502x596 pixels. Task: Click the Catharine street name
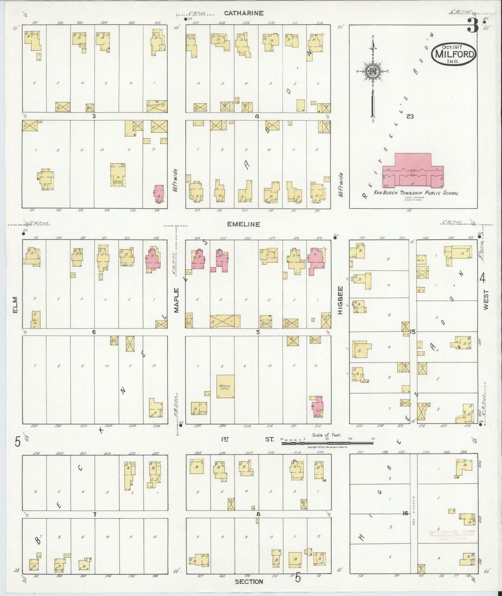click(244, 13)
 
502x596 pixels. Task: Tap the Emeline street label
click(244, 224)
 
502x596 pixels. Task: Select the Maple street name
click(176, 300)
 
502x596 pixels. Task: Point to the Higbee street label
click(340, 300)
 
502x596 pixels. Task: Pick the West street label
click(485, 300)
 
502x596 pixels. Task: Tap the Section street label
click(249, 581)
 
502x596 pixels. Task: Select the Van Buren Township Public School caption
click(415, 193)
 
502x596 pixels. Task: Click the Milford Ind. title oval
click(454, 54)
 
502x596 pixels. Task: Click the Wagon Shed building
click(225, 386)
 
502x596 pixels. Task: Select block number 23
click(410, 116)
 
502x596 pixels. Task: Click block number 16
click(405, 513)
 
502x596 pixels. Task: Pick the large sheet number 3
click(472, 25)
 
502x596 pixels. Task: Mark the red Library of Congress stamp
click(452, 534)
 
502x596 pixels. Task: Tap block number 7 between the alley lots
click(94, 514)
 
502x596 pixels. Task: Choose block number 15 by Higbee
click(413, 332)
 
